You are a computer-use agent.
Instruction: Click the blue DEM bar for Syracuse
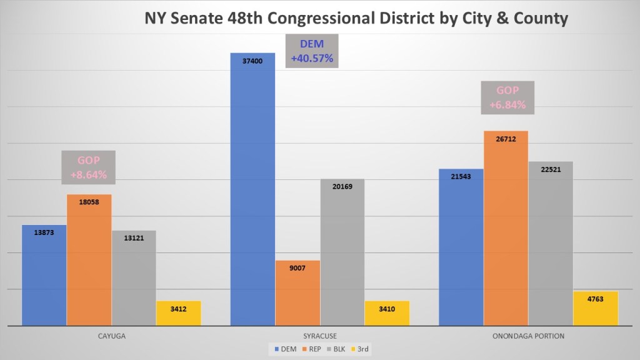coord(252,187)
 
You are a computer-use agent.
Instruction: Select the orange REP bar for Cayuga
coord(89,259)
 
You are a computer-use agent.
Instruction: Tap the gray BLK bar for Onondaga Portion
coord(550,244)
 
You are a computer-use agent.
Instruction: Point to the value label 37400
coord(252,61)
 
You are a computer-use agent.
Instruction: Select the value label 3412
coord(178,309)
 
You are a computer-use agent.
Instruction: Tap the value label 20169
coord(342,186)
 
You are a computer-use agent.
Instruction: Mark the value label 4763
coord(595,299)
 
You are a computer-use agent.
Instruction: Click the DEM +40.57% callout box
coord(312,51)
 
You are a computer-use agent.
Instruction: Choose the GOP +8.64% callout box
coord(88,167)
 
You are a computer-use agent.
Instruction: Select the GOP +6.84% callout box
coord(507,97)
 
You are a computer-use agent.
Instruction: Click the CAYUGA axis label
coord(111,336)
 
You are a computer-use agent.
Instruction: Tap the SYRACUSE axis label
coord(319,336)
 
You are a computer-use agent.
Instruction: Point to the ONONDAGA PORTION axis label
coord(528,336)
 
